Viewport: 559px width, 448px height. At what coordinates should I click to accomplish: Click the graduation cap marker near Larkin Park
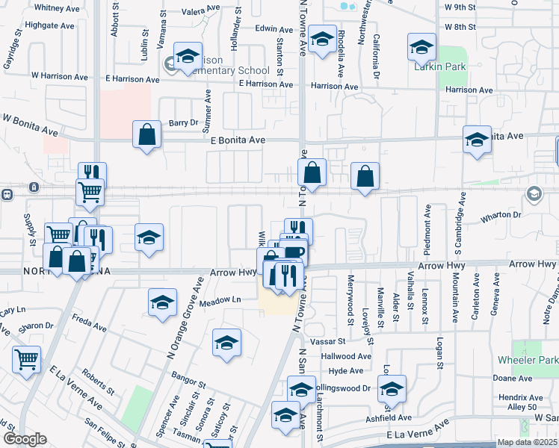point(421,47)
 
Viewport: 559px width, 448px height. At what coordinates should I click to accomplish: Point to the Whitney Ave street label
point(57,7)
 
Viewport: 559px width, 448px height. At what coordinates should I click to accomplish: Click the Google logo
point(25,439)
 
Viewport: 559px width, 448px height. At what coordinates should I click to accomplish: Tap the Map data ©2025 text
point(526,442)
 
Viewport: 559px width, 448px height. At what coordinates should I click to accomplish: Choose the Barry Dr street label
point(182,122)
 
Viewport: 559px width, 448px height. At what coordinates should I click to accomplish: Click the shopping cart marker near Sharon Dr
point(26,359)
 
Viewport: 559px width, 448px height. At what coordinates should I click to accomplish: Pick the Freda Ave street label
point(89,325)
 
